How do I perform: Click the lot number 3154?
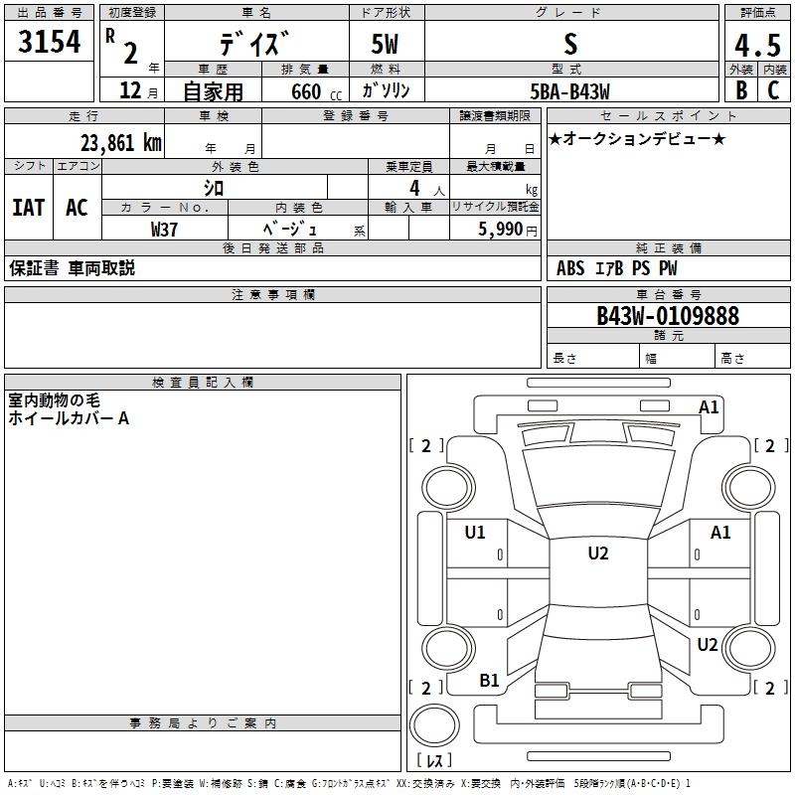[50, 43]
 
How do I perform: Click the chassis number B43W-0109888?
[667, 316]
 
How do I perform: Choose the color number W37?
[165, 229]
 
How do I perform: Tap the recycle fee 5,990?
[501, 229]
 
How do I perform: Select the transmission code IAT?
[29, 208]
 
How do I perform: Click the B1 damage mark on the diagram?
[489, 681]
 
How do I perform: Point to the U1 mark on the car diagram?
[475, 533]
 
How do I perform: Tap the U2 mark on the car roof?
[597, 554]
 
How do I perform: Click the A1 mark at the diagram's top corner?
[709, 406]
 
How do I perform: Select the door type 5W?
[386, 46]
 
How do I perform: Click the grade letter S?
[569, 45]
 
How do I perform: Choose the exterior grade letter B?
[740, 90]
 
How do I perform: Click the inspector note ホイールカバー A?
[69, 418]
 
